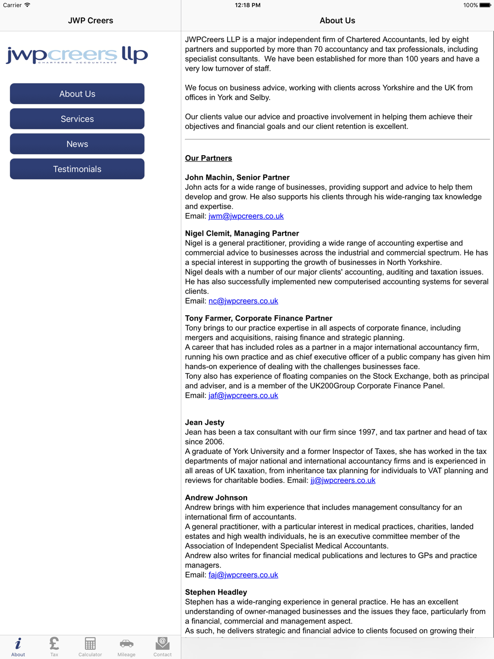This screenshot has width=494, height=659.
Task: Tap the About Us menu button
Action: click(x=77, y=94)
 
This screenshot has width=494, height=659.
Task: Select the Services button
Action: click(x=77, y=119)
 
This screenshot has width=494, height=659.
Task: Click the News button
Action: click(x=77, y=144)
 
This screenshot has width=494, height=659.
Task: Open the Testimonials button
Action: click(x=77, y=169)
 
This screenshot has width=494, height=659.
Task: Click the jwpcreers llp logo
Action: click(x=77, y=55)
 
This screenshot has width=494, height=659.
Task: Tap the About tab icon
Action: click(x=18, y=646)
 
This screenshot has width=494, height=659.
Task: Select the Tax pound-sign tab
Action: click(x=54, y=646)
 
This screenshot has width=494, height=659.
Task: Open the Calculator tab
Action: click(x=90, y=646)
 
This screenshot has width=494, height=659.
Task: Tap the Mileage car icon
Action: click(x=126, y=646)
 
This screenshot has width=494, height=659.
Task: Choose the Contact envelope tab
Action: click(x=163, y=646)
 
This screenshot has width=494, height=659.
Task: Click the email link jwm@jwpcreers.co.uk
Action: click(x=246, y=216)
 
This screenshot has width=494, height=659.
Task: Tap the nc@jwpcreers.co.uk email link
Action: click(x=243, y=301)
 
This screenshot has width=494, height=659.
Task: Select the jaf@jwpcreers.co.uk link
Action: click(x=243, y=396)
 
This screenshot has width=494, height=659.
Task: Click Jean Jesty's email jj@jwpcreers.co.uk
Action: click(x=343, y=481)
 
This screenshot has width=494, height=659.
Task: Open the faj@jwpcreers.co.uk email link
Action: click(x=243, y=575)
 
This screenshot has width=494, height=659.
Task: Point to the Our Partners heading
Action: click(x=208, y=159)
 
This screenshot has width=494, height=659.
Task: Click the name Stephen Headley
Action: click(x=216, y=592)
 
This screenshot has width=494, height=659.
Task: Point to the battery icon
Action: click(x=485, y=5)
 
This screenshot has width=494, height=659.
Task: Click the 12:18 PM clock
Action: click(x=247, y=5)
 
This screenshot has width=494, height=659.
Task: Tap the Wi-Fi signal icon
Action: click(x=28, y=5)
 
